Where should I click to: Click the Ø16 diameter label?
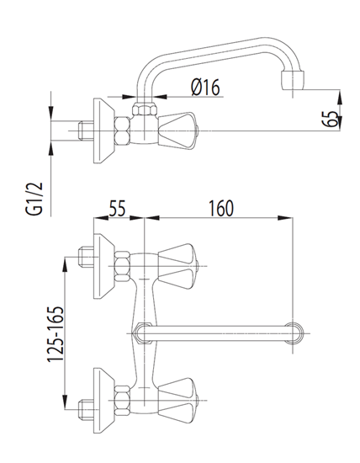coord(205,87)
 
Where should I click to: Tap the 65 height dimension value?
coord(332,119)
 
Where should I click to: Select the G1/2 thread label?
coord(34,199)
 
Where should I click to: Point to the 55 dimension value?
coord(118,208)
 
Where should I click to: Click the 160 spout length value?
coord(221,208)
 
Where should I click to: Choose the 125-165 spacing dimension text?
coord(56,334)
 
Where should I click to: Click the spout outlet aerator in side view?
coord(293,80)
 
